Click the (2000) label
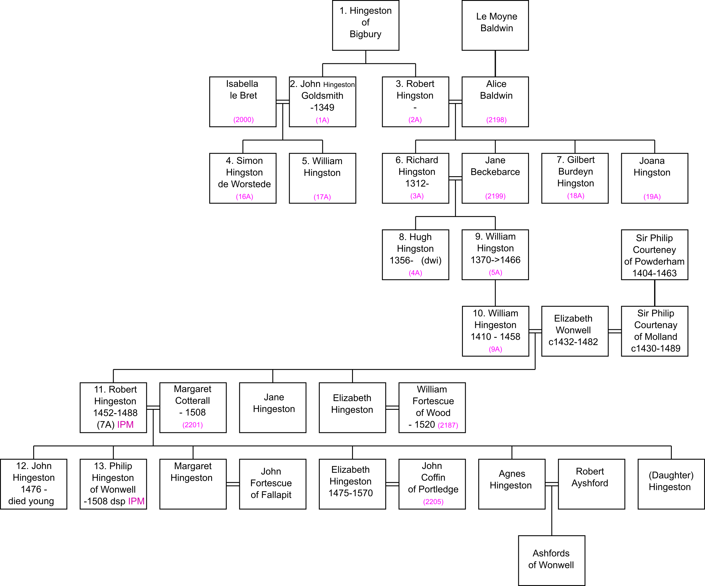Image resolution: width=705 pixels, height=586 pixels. coord(244,120)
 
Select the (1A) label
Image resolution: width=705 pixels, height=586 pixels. coord(322,120)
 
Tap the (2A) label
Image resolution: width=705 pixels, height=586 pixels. coord(415,120)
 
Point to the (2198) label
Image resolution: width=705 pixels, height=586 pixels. coord(496,120)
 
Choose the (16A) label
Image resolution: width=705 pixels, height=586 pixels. coord(244,197)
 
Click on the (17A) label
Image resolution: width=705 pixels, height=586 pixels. coord(322,197)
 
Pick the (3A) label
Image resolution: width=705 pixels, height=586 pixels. coord(417,196)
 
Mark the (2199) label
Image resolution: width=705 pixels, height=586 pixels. coord(495,196)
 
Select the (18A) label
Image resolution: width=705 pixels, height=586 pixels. coord(575,196)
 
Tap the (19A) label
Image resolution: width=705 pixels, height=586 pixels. coord(652,197)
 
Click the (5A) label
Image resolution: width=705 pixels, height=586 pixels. coord(495,272)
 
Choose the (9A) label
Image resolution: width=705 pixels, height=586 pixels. coord(495,350)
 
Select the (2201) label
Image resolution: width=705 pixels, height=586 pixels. coord(192,425)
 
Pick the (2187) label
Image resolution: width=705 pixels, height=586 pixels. coord(448,425)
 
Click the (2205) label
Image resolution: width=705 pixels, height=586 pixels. coord(433,502)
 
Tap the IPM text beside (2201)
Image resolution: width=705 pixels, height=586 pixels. coord(125,425)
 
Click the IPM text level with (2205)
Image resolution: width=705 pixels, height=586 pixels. coord(136,501)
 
